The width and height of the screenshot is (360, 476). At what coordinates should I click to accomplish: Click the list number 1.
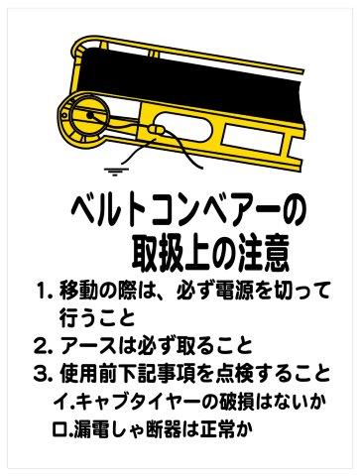click(43, 295)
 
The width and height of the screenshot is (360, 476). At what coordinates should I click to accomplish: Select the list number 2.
click(43, 348)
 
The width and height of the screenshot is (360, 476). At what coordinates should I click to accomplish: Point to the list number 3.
click(43, 375)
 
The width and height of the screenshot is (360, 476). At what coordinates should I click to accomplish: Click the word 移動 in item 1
click(87, 295)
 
